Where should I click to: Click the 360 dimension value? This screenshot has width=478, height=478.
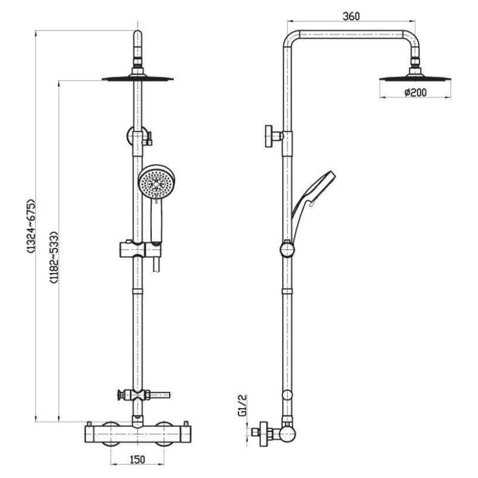coord(351,17)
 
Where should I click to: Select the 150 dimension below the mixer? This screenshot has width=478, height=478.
coord(137,459)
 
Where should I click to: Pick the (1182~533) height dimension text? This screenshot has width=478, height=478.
coord(53,257)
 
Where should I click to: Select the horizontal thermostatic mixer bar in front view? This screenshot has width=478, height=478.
coord(137,430)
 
